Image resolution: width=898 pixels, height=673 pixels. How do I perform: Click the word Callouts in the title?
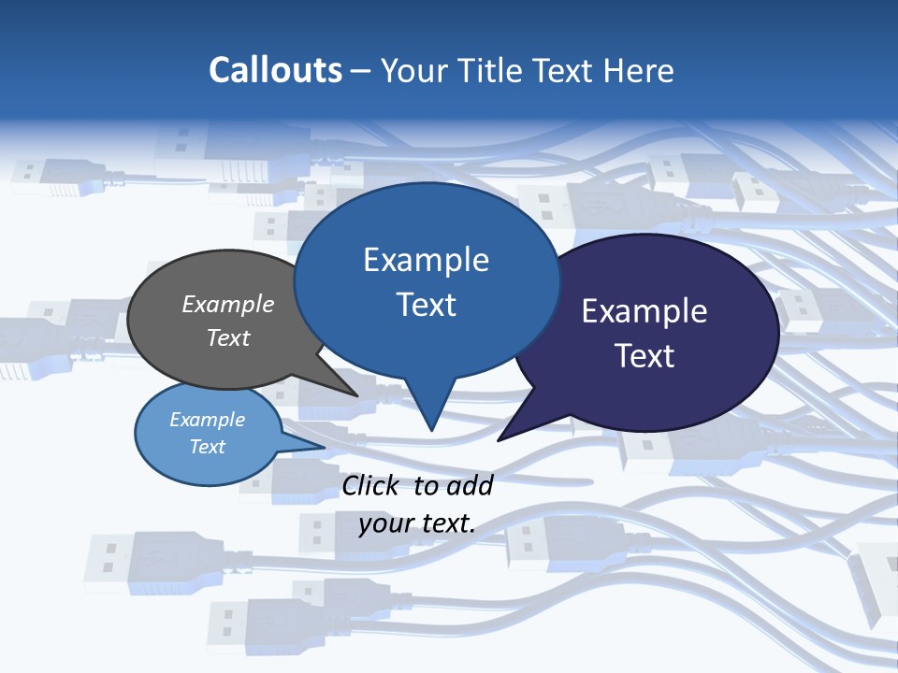pos(275,70)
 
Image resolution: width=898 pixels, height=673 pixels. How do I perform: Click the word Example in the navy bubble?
pos(645,311)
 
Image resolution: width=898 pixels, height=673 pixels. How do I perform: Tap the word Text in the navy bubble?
pos(645,356)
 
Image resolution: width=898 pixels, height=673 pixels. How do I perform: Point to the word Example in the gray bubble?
pos(227,304)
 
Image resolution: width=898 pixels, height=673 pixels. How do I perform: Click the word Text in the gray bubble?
pos(227,337)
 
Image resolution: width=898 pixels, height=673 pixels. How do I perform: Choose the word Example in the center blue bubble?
pos(426,260)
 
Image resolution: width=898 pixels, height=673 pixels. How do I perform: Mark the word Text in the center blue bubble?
pos(426,305)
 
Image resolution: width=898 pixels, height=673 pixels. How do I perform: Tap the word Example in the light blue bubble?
pos(207,420)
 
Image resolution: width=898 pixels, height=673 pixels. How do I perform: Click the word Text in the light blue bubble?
pos(207,446)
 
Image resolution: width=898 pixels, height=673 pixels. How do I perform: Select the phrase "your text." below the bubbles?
pos(416,523)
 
